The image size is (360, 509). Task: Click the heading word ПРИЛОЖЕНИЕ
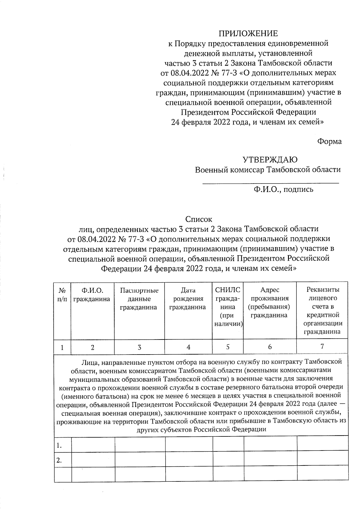pyautogui.click(x=248, y=33)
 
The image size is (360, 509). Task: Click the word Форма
pyautogui.click(x=329, y=141)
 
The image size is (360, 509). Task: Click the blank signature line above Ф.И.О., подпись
pyautogui.click(x=270, y=182)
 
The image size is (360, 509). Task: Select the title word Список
pyautogui.click(x=199, y=219)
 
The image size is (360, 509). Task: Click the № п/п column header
pyautogui.click(x=62, y=295)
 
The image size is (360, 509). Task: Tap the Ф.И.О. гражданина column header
pyautogui.click(x=92, y=295)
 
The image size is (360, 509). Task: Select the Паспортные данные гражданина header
pyautogui.click(x=139, y=299)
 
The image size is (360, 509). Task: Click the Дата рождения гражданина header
pyautogui.click(x=188, y=299)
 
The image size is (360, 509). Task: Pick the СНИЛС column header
pyautogui.click(x=227, y=307)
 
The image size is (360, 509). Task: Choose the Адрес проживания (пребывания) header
pyautogui.click(x=269, y=303)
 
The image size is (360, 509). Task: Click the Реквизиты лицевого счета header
pyautogui.click(x=322, y=311)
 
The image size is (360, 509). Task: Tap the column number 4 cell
pyautogui.click(x=188, y=347)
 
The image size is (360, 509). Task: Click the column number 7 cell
pyautogui.click(x=322, y=347)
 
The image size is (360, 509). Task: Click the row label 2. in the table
pyautogui.click(x=59, y=460)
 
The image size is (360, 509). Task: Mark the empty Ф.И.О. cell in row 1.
pyautogui.click(x=93, y=445)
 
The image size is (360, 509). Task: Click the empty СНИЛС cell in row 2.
pyautogui.click(x=228, y=460)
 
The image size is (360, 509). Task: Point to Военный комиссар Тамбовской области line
pyautogui.click(x=268, y=170)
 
